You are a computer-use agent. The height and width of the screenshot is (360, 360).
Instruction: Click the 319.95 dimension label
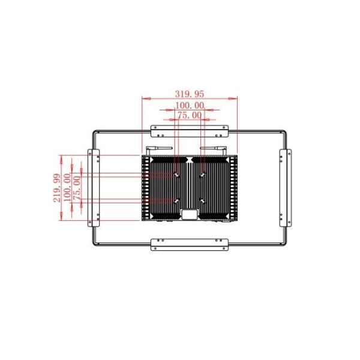[x=190, y=94]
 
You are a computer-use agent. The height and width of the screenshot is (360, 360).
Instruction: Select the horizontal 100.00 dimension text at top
[x=190, y=106]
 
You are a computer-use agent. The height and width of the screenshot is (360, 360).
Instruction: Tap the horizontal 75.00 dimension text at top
[x=190, y=115]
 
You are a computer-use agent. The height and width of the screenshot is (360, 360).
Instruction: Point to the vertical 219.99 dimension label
[x=57, y=188]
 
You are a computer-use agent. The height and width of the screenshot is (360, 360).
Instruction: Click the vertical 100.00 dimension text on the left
[x=67, y=187]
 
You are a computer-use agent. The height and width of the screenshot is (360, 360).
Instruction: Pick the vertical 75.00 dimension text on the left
[x=77, y=188]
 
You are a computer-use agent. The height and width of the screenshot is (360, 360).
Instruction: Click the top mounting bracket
[x=190, y=131]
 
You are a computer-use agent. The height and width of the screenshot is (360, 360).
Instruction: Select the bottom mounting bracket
[x=190, y=245]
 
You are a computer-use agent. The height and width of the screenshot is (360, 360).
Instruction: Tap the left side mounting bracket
[x=94, y=188]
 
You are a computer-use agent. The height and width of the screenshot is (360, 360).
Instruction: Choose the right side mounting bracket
[x=286, y=188]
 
